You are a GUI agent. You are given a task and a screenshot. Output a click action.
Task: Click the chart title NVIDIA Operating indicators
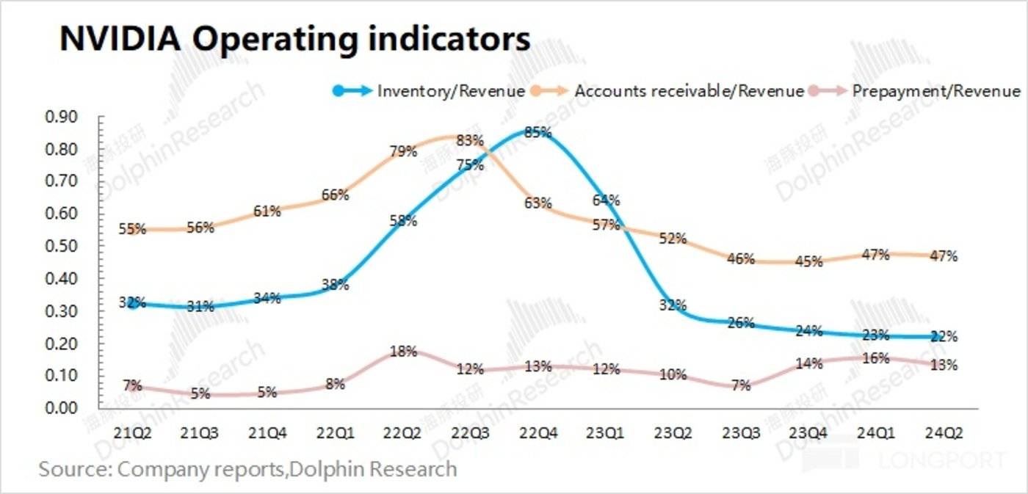294,38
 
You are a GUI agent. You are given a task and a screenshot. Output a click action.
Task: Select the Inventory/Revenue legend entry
450,91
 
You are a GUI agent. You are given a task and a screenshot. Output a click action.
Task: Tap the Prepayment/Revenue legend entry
936,91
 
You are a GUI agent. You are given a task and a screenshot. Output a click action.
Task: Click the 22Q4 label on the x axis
538,434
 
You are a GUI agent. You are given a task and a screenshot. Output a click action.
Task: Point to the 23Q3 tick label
741,434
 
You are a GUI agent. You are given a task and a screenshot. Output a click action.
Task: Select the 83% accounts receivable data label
469,139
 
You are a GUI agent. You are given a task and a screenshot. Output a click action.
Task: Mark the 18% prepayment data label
402,351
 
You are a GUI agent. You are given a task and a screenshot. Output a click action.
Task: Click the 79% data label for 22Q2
403,152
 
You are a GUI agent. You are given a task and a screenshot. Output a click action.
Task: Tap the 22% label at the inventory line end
944,336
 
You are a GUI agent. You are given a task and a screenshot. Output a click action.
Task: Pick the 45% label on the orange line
808,262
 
